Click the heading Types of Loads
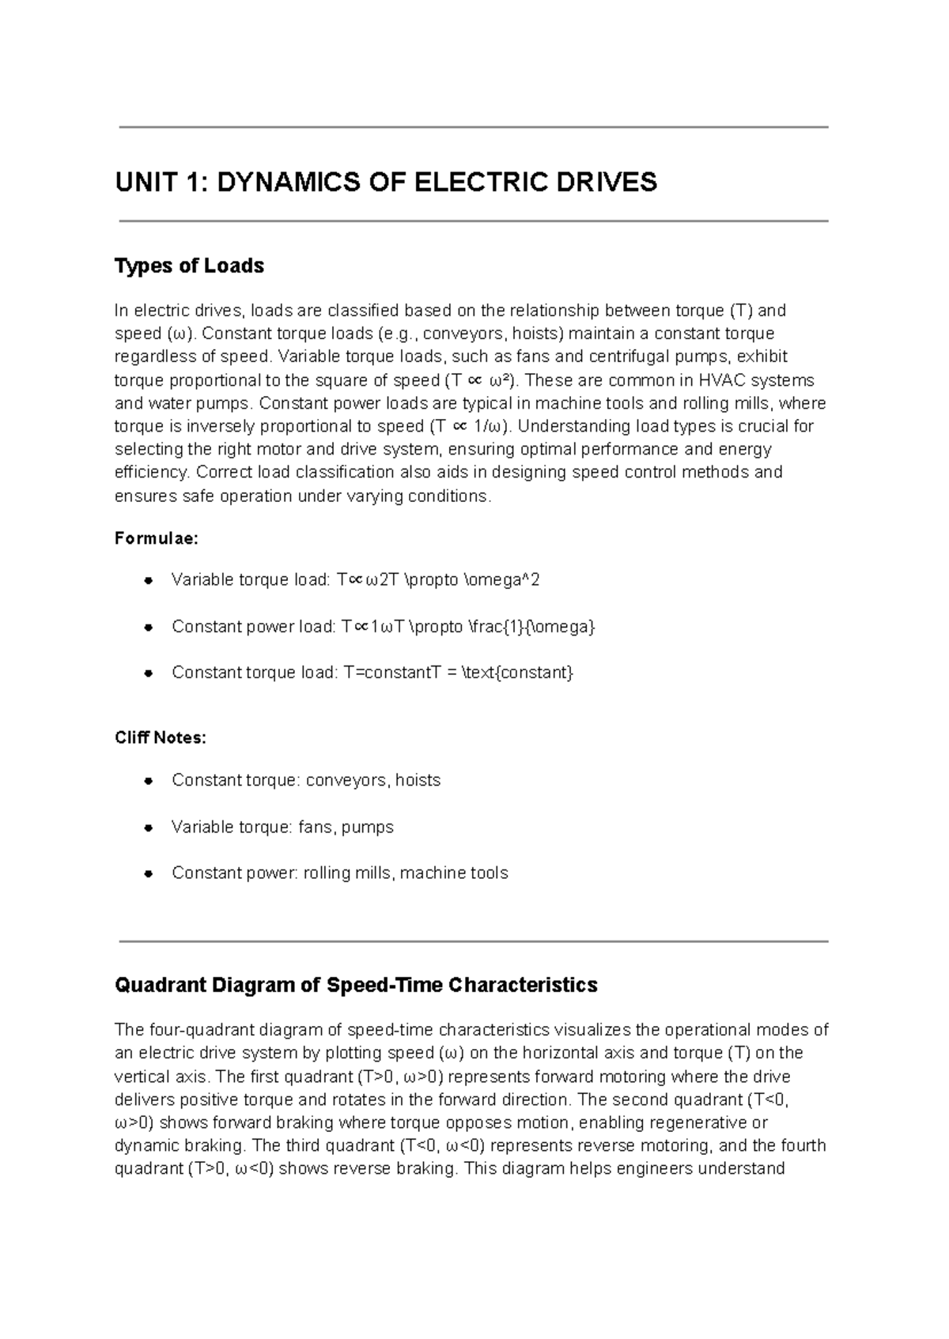tap(189, 266)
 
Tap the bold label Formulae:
tap(157, 538)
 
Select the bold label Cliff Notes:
tap(161, 737)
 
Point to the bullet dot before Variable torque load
tap(148, 581)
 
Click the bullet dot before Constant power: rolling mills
tap(148, 874)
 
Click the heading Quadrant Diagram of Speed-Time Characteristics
tap(356, 985)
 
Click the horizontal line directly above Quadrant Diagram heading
tap(473, 941)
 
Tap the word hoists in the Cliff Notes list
tap(418, 780)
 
